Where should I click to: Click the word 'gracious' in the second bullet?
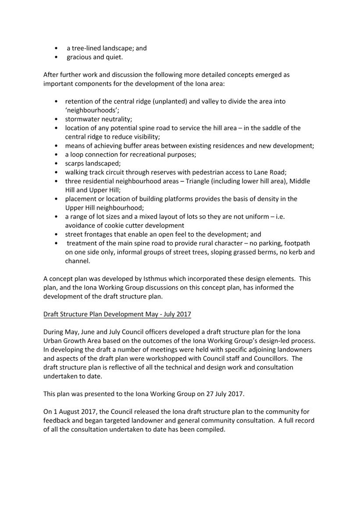pos(79,57)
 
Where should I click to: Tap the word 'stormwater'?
pos(82,119)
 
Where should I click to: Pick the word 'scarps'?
pos(75,163)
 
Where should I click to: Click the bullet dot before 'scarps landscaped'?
pos(56,164)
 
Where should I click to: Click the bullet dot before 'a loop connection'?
pos(56,155)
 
